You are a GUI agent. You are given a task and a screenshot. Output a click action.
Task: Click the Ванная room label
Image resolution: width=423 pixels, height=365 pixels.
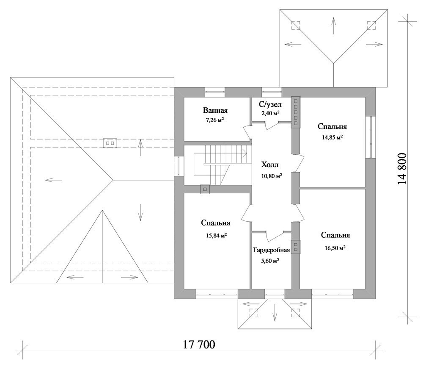click(x=215, y=110)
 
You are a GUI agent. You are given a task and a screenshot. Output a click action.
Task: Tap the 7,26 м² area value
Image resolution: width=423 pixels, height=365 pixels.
click(x=215, y=120)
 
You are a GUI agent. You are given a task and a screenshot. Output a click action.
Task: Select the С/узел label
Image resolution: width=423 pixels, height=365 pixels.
click(x=270, y=104)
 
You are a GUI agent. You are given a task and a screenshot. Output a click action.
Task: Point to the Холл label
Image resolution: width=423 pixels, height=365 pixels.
click(x=270, y=164)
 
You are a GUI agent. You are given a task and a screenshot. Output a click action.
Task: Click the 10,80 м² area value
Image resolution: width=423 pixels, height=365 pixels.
click(x=272, y=176)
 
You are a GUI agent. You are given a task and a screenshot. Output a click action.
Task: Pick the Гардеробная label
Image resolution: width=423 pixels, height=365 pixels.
click(x=272, y=250)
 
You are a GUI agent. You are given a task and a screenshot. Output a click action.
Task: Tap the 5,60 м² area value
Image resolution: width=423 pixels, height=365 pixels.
click(x=270, y=261)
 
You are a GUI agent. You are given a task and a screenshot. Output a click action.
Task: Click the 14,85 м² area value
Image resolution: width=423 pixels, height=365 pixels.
click(x=332, y=137)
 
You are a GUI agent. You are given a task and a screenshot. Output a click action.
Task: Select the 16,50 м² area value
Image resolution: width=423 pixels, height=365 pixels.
click(x=335, y=248)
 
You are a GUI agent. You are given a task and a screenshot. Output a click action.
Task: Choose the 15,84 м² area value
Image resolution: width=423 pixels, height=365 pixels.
click(x=216, y=235)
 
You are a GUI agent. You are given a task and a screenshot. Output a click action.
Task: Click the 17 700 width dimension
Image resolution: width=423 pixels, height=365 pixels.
click(x=199, y=345)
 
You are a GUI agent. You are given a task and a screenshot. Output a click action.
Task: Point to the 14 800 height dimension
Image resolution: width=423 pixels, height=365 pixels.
click(x=402, y=169)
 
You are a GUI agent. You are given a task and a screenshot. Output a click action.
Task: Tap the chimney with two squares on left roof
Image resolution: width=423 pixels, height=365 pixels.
click(x=110, y=143)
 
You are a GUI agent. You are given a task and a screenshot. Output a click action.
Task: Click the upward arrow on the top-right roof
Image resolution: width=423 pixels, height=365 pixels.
click(x=334, y=26)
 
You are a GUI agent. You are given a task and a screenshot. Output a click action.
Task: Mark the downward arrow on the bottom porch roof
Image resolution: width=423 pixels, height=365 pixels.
click(x=275, y=312)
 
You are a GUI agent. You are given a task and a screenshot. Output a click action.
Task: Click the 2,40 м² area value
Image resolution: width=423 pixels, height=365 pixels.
click(x=270, y=113)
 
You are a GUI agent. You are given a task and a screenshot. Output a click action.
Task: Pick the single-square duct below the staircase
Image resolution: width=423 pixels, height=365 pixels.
click(x=205, y=189)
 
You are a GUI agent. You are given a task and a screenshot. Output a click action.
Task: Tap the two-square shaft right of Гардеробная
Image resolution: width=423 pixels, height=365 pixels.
click(x=296, y=247)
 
